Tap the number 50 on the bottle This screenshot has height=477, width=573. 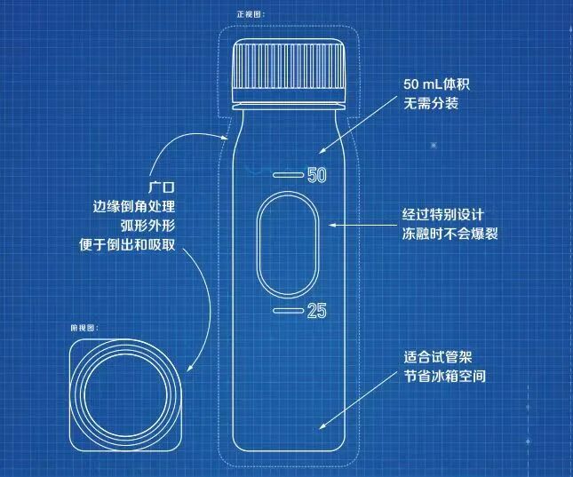[x=318, y=175]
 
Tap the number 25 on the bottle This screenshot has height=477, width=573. [x=317, y=310]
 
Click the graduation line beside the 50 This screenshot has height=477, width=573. [x=288, y=174]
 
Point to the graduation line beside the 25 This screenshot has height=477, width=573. [x=288, y=310]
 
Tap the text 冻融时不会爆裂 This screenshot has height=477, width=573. [x=449, y=235]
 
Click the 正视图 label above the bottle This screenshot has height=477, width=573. [x=251, y=14]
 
